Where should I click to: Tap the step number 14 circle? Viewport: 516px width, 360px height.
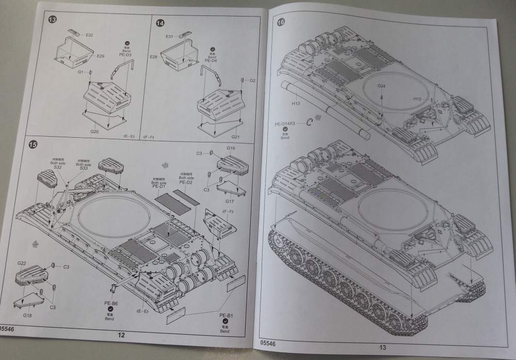tap(160, 23)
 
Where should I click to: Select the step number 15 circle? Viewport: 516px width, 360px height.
tap(33, 145)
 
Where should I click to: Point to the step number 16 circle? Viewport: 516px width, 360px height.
tap(281, 22)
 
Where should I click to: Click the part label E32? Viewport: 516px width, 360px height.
tap(89, 35)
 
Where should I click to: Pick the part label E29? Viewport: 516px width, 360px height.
tap(100, 56)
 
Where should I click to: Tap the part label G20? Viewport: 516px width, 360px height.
tap(94, 132)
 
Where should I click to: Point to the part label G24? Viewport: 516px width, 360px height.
tap(381, 86)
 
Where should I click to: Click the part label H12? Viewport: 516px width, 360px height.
tap(417, 98)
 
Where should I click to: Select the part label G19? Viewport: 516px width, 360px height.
tap(231, 149)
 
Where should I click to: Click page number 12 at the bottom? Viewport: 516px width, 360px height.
tap(121, 335)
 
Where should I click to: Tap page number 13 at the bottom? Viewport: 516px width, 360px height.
tap(382, 347)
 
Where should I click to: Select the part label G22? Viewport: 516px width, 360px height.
tap(22, 263)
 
